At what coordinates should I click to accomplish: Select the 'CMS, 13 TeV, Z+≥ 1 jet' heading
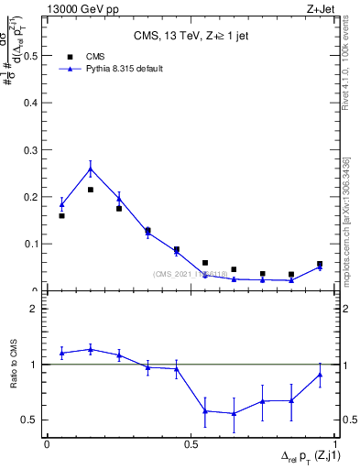[192, 38]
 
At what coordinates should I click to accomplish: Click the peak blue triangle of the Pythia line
[90, 169]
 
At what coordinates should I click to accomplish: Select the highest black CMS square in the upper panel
[90, 190]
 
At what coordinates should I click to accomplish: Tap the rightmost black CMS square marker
[320, 264]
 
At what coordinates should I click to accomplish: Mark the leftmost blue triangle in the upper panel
[61, 205]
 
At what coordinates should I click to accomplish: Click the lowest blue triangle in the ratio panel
[234, 413]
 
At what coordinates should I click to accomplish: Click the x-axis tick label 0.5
[191, 443]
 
